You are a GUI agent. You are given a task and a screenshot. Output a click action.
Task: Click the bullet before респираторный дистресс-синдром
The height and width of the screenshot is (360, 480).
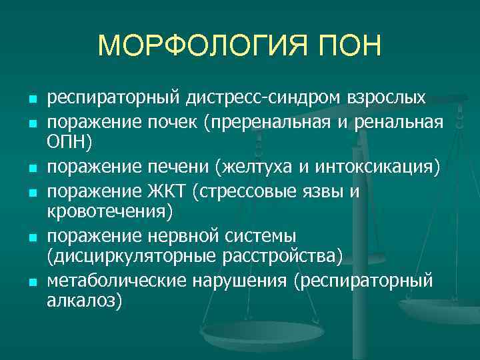31,100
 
